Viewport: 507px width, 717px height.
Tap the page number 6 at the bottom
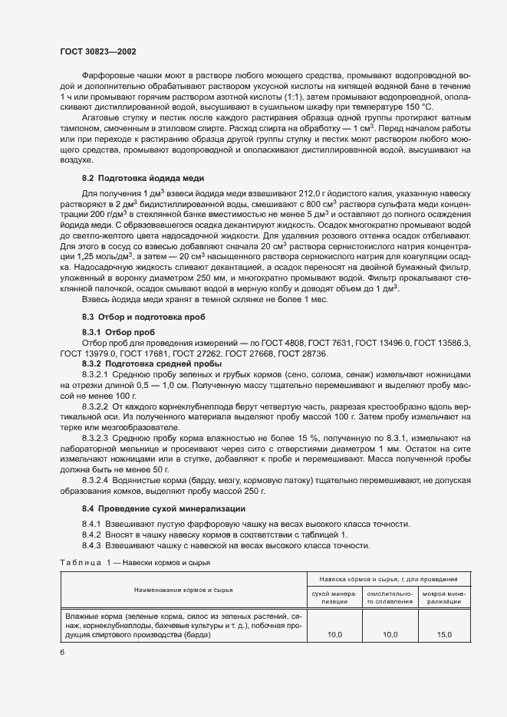(x=62, y=652)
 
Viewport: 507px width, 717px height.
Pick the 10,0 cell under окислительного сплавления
(x=390, y=634)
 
